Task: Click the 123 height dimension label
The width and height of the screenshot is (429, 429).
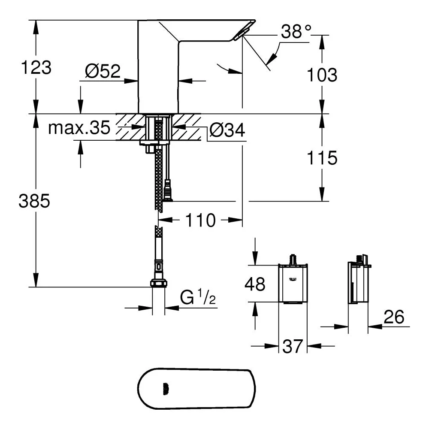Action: [x=36, y=67]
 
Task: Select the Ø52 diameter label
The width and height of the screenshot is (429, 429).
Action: [x=103, y=71]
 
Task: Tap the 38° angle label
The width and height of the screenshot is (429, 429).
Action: [x=296, y=31]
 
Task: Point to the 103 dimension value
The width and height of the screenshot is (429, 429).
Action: [x=322, y=75]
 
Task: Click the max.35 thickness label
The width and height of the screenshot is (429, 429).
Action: [x=79, y=127]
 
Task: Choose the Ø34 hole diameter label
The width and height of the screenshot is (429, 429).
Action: [x=227, y=130]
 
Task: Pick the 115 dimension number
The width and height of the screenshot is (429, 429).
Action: [x=322, y=158]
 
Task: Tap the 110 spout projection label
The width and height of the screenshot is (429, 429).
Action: [x=200, y=220]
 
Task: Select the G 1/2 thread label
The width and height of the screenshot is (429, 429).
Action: [x=198, y=297]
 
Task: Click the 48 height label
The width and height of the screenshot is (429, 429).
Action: [x=255, y=284]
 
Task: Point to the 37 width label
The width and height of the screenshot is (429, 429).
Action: [x=293, y=346]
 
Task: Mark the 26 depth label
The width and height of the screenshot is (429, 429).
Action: [x=394, y=317]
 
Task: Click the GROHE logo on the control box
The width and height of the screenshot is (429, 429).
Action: [x=293, y=279]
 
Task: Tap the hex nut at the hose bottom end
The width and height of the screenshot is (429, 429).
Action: [x=159, y=284]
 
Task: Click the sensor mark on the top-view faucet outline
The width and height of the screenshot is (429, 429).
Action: [x=166, y=389]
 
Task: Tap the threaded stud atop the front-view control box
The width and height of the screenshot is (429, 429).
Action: [x=293, y=260]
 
